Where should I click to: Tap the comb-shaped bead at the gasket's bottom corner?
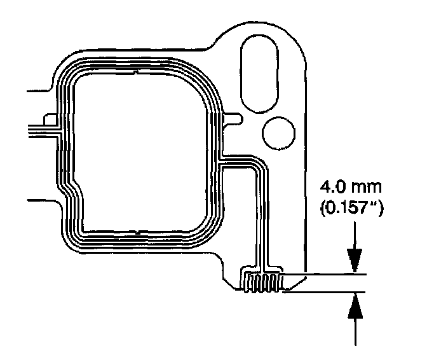[262, 282]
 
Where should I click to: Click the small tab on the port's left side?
[46, 118]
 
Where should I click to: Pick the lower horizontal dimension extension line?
[324, 293]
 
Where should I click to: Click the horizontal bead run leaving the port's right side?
[238, 162]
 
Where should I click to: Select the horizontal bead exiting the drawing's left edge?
[41, 130]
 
